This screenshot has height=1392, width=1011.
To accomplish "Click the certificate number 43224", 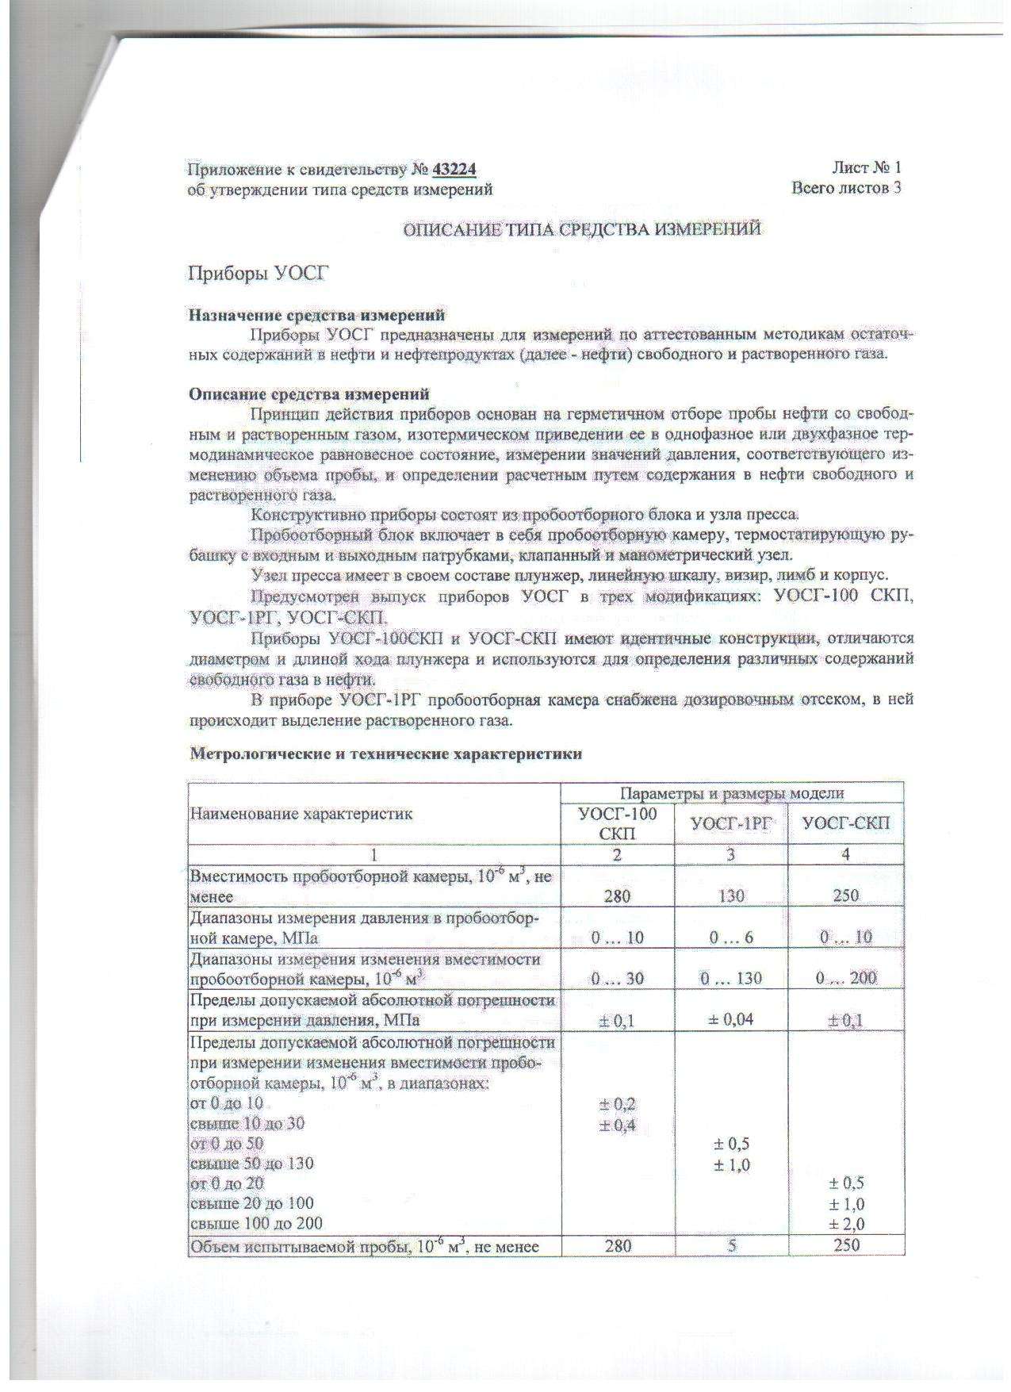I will [454, 169].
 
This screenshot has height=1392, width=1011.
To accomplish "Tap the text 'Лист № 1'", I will [866, 167].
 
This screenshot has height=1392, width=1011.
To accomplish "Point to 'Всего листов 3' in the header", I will [846, 188].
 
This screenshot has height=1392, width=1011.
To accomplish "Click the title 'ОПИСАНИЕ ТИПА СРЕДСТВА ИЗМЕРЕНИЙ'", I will [582, 230].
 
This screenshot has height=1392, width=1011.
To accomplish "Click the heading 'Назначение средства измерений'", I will [316, 316].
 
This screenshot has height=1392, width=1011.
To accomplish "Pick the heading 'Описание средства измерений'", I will [308, 393].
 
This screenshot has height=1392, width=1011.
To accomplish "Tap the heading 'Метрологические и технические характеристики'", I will [385, 754].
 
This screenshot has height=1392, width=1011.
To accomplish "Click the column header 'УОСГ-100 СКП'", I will [618, 823].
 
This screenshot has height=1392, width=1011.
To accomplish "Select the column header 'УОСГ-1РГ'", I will [731, 823].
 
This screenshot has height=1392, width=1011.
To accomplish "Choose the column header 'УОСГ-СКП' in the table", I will [846, 823].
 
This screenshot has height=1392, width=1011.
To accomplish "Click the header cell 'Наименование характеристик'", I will [301, 814].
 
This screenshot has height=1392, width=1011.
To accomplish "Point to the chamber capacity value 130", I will [731, 895].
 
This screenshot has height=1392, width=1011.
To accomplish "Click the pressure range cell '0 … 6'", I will [731, 938].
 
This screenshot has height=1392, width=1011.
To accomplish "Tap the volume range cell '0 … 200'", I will [846, 978].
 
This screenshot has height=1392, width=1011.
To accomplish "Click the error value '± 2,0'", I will [846, 1225].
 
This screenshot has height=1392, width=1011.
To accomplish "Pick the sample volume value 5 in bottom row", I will [731, 1245].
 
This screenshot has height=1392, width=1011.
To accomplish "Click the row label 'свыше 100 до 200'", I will [256, 1224].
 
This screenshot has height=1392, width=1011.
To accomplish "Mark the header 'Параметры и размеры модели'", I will [731, 793].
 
